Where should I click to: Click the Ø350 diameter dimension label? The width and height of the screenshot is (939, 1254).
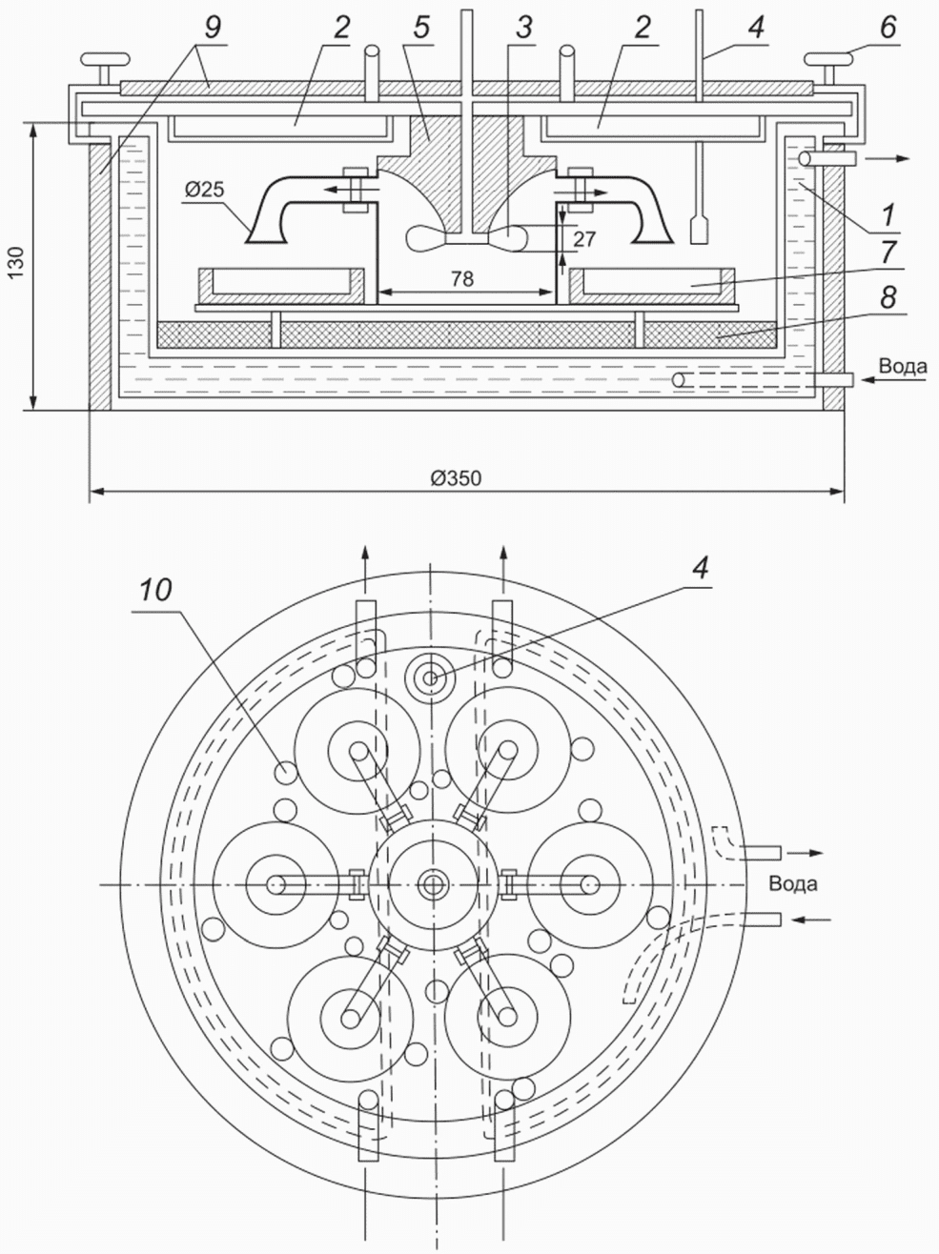pos(456,478)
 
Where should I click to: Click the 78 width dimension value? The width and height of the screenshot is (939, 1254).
pos(463,277)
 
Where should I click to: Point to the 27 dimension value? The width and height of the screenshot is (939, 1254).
pos(584,238)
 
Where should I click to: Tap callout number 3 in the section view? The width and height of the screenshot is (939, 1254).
pos(523,29)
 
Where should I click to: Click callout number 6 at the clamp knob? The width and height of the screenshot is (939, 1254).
pos(887,29)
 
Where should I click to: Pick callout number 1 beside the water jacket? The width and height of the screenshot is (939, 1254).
pos(888,215)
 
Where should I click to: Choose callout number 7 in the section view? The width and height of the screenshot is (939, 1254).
pos(888,253)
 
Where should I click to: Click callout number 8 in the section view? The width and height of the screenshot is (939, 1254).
pos(888,298)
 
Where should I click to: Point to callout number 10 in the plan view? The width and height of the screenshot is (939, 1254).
pos(154,590)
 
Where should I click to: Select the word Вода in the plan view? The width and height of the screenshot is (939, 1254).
pos(793,883)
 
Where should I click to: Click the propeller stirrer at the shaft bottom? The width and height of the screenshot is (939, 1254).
pos(466,237)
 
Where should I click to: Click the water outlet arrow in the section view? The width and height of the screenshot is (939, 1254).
pos(891,158)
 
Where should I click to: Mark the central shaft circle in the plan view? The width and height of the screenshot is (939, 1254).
pos(433,884)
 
